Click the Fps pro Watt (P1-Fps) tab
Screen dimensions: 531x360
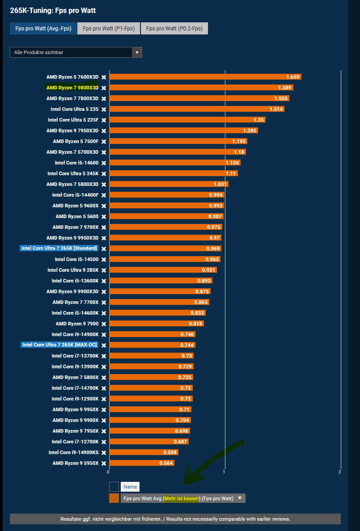click(x=109, y=29)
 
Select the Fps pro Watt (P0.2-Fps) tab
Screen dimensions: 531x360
click(x=174, y=29)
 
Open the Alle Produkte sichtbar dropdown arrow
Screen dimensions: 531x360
click(x=137, y=52)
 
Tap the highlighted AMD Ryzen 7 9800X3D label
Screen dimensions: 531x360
click(x=72, y=88)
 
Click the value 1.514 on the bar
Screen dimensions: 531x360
click(x=276, y=109)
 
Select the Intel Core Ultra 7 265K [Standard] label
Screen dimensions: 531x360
click(x=59, y=249)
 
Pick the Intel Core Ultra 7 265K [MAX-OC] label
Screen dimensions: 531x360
click(x=59, y=345)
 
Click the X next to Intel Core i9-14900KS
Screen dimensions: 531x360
click(x=104, y=452)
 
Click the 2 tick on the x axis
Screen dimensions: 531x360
click(x=340, y=472)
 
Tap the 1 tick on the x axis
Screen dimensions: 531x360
click(x=224, y=472)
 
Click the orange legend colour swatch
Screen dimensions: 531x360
click(x=114, y=498)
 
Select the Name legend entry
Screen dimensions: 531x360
click(x=130, y=487)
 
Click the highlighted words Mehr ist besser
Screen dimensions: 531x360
click(x=181, y=498)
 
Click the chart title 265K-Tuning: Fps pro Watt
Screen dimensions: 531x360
click(x=53, y=10)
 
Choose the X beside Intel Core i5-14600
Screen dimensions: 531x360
click(x=104, y=163)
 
